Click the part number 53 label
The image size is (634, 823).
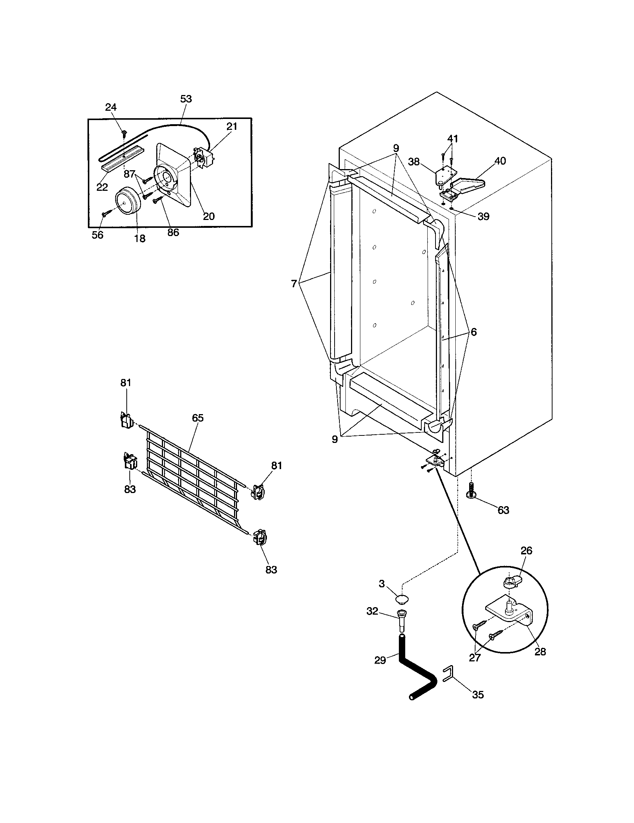point(186,99)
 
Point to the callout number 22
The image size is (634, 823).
point(102,187)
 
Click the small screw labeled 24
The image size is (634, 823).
point(124,132)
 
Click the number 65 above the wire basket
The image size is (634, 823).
point(197,418)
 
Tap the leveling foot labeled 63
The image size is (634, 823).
point(470,492)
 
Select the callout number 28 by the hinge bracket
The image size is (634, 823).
point(540,652)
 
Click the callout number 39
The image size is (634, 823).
point(483,216)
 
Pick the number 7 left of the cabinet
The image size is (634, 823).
point(294,284)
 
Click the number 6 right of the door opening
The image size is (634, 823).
point(474,332)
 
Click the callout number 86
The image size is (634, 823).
point(173,233)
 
